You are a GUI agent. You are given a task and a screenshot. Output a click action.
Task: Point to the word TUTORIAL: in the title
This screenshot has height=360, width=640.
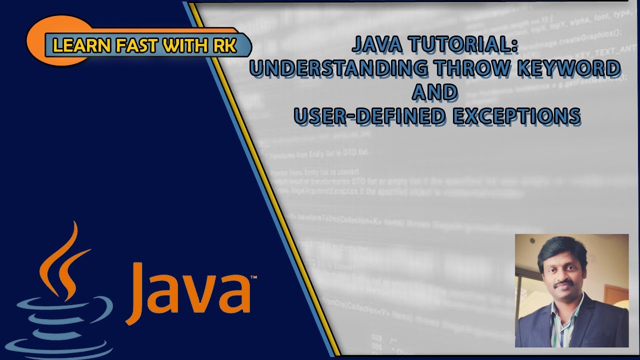tap(462, 44)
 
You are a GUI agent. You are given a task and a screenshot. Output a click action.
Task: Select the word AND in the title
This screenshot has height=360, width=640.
tap(435, 92)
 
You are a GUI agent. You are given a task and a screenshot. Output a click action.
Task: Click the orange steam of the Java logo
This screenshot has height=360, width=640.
tap(62, 260)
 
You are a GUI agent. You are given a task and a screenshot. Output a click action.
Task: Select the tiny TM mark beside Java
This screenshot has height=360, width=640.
tap(253, 276)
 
